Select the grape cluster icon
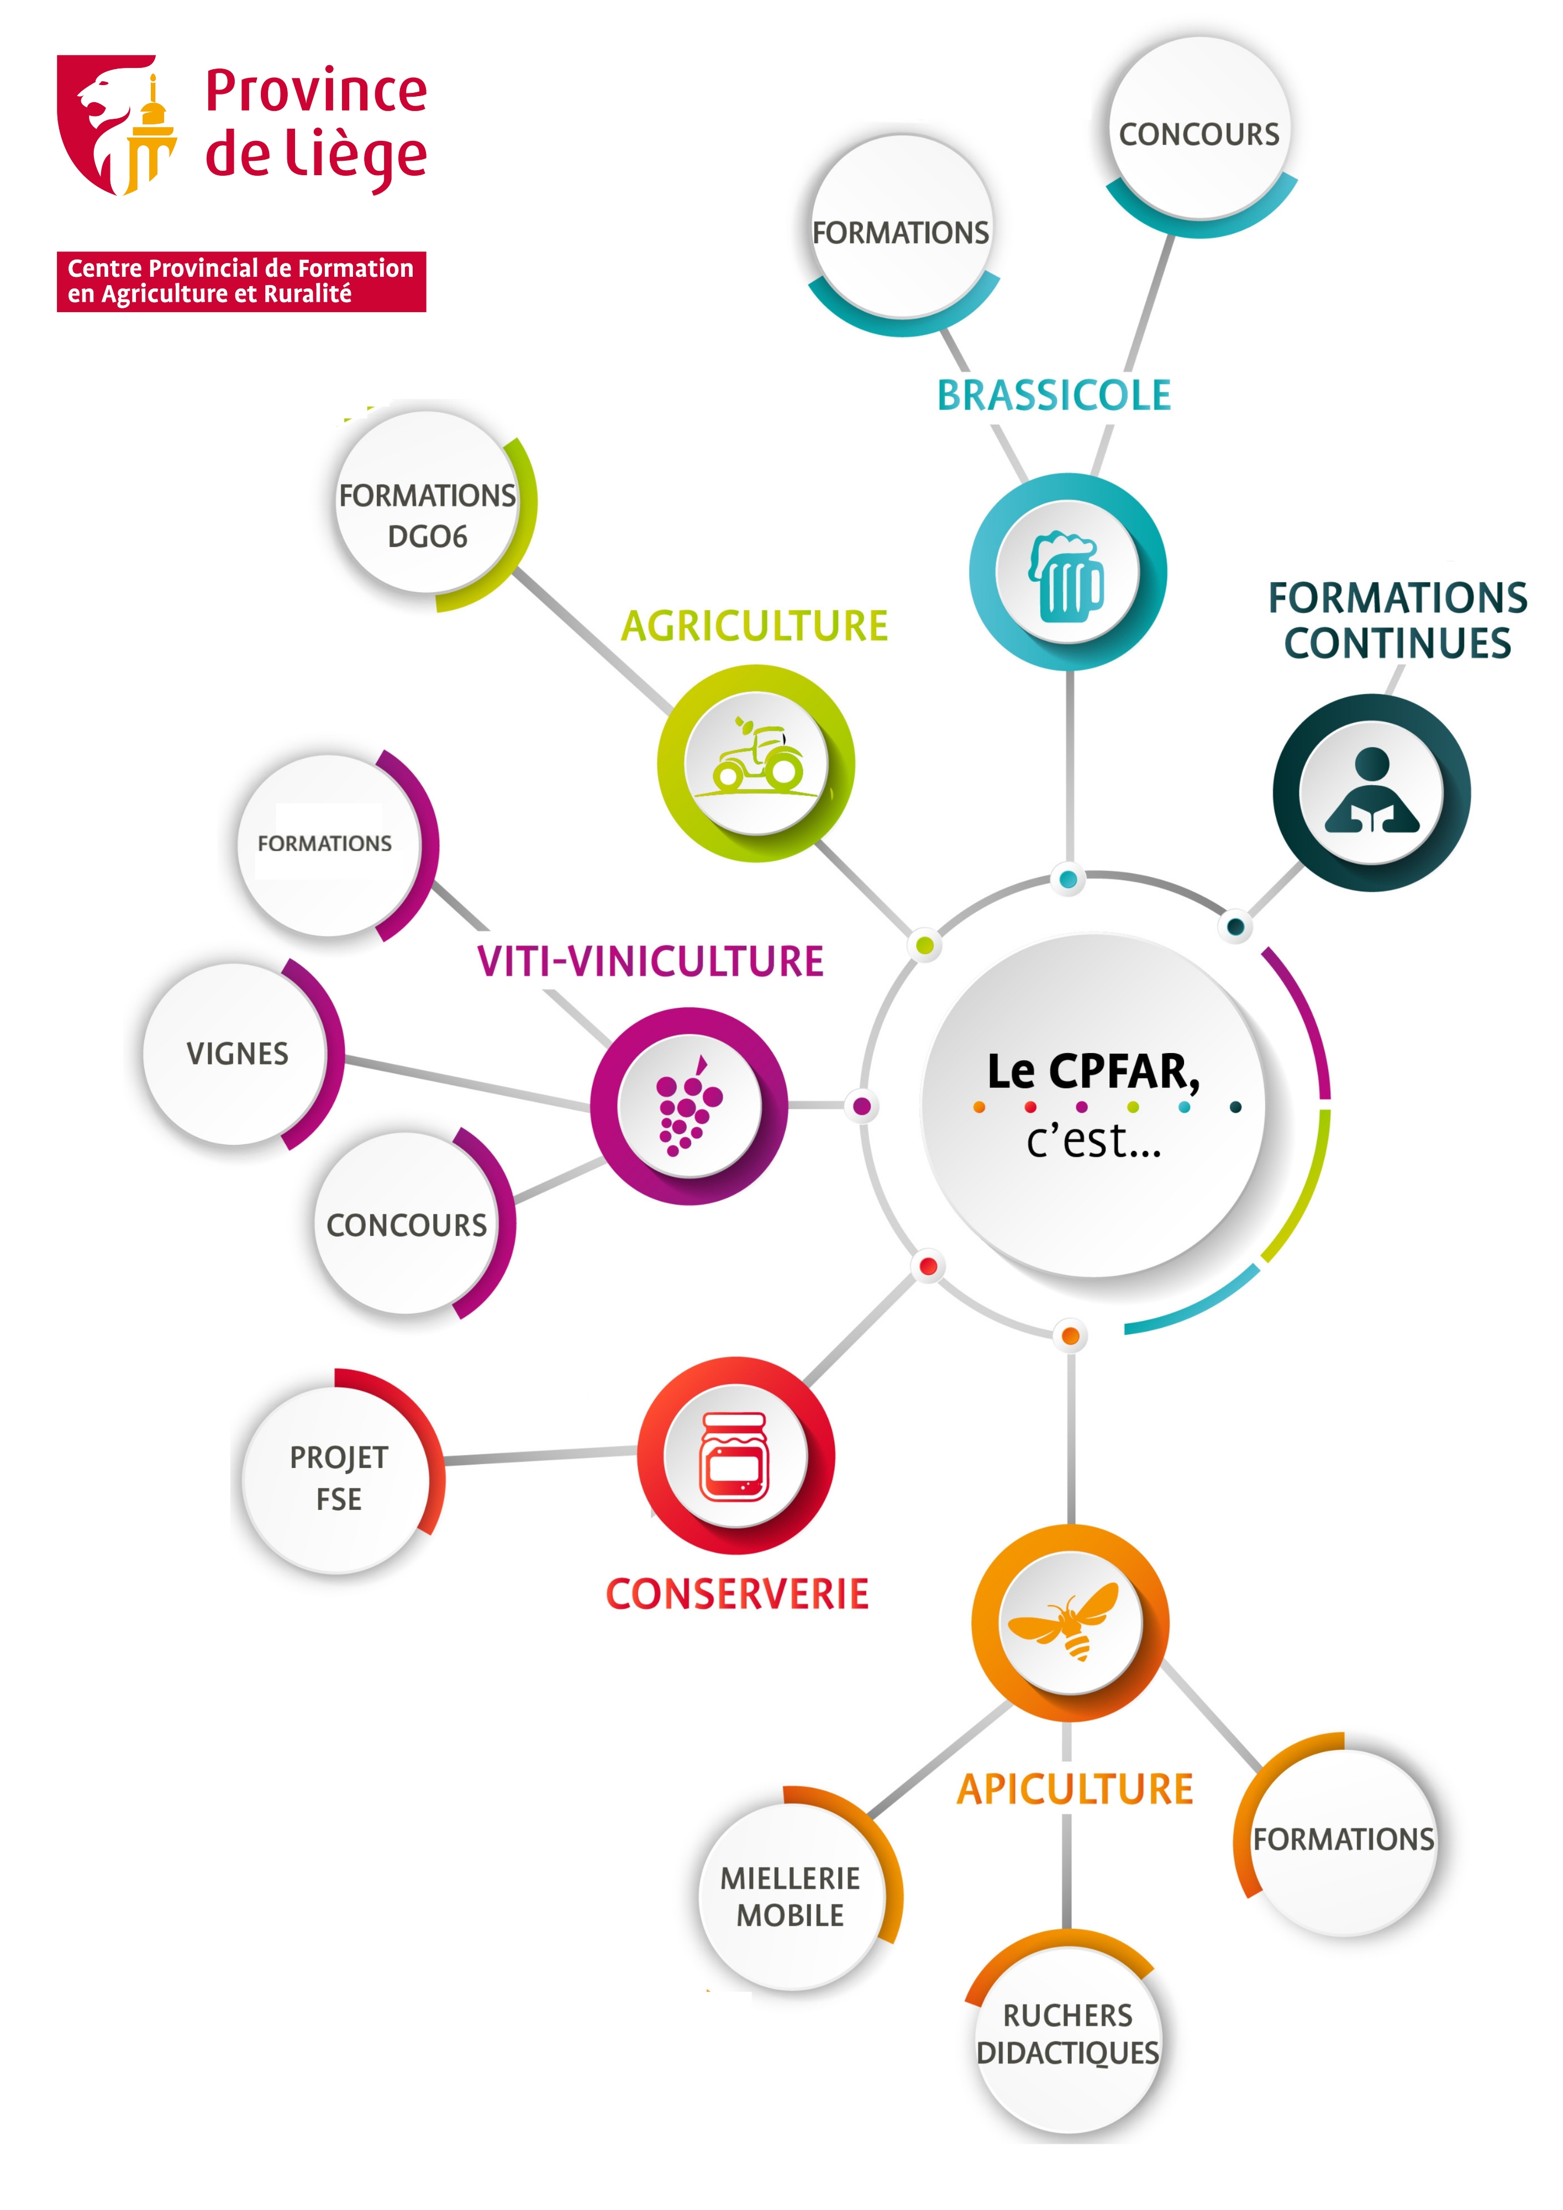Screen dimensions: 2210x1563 (688, 1106)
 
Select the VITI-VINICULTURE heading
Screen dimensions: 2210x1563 (651, 961)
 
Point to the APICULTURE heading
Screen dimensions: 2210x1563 (1075, 1790)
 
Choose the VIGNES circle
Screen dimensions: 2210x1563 (237, 1054)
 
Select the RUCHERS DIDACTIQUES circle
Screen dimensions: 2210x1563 (1067, 2034)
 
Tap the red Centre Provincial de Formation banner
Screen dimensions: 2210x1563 (240, 281)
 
